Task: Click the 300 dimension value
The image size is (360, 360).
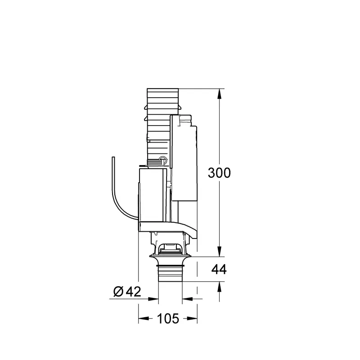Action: pos(219,173)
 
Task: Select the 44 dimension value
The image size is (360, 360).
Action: pos(219,269)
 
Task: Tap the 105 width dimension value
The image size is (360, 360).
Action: pos(168,319)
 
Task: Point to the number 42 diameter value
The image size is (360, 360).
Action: pos(133,292)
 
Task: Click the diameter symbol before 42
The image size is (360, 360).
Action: pos(118,292)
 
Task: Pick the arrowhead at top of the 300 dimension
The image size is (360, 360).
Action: pos(220,94)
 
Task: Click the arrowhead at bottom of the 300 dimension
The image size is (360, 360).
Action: pos(220,251)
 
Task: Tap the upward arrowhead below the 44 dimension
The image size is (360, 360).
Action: pos(220,287)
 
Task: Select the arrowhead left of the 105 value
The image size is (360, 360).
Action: pos(144,319)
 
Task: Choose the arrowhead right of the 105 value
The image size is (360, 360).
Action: pos(192,319)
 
